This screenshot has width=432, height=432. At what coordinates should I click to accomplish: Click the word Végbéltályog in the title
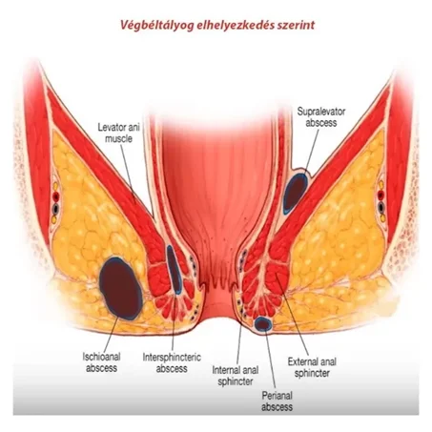tap(156, 25)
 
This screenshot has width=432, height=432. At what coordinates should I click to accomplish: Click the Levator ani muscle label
tap(118, 133)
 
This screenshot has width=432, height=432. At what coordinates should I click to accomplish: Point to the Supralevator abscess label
tap(321, 117)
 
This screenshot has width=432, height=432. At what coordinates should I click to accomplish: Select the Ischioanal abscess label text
tap(101, 362)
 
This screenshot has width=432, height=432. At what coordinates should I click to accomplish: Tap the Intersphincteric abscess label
tap(172, 362)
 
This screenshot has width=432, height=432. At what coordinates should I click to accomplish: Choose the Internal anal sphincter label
tap(236, 376)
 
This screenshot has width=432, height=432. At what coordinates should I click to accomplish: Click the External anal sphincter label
tap(312, 367)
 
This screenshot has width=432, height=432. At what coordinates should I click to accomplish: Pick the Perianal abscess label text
tap(277, 401)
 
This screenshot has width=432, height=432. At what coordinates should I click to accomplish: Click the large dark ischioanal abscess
tap(121, 288)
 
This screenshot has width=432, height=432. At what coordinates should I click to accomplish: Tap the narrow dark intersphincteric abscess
tap(175, 270)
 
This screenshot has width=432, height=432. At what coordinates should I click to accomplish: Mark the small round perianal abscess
tap(263, 324)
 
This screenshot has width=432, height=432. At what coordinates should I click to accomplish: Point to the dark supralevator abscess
tap(296, 194)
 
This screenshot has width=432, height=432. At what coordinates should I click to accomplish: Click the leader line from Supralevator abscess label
tap(312, 151)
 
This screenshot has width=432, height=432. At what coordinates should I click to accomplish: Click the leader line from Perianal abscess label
tap(270, 360)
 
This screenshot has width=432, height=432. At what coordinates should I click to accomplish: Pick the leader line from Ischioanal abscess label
tap(112, 334)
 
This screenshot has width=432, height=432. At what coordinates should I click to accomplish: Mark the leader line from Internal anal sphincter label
tap(239, 343)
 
